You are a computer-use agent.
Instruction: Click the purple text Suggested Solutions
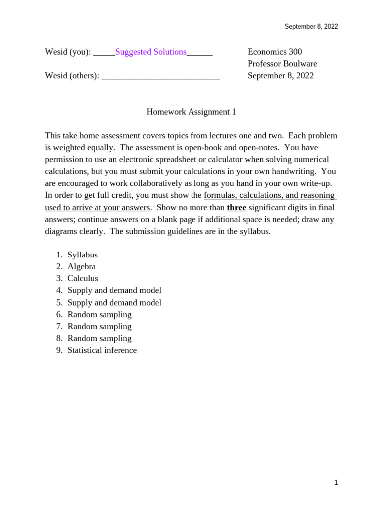[x=151, y=52]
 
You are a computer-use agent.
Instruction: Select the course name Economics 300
[x=275, y=52]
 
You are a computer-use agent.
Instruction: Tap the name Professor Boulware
[x=282, y=64]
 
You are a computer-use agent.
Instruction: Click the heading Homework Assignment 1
[x=191, y=112]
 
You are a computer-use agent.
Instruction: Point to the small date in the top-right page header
[x=311, y=27]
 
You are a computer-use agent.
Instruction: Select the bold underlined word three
[x=236, y=207]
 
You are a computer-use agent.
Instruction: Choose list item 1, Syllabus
[x=82, y=255]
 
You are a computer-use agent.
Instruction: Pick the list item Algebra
[x=81, y=266]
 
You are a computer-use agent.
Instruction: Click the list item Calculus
[x=83, y=278]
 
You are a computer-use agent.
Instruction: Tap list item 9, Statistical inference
[x=102, y=350]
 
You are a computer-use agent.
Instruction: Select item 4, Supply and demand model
[x=114, y=290]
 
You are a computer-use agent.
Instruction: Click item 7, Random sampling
[x=99, y=326]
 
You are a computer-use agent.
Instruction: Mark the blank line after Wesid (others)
[x=160, y=76]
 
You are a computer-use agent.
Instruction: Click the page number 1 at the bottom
[x=336, y=482]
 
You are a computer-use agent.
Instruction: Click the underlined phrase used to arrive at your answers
[x=97, y=207]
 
